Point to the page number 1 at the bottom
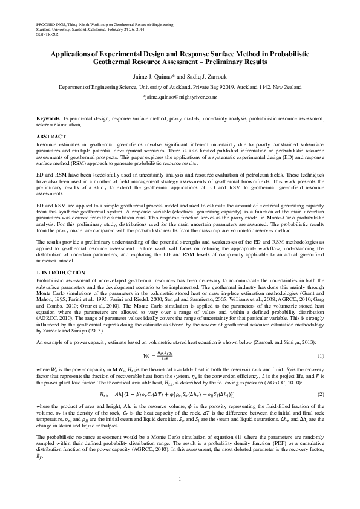coord(180,479)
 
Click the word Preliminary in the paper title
coord(224,62)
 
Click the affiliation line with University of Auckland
coord(180,88)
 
